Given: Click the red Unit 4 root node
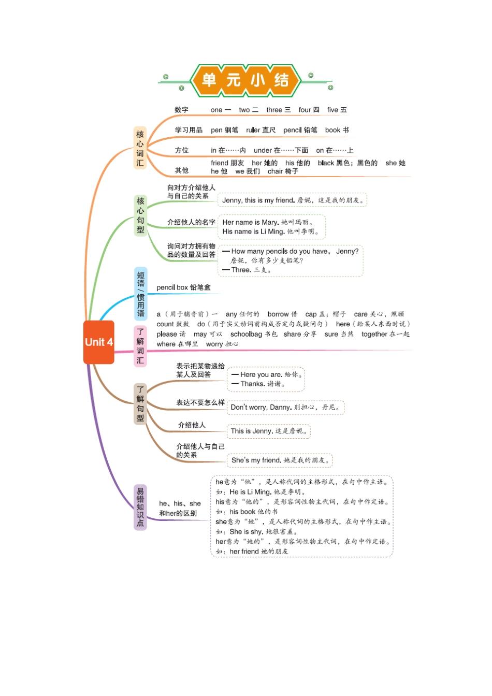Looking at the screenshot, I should [98, 342].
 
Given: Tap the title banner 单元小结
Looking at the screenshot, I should [245, 80].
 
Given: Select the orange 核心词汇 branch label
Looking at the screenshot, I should [140, 148].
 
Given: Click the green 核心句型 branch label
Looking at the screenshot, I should [140, 215].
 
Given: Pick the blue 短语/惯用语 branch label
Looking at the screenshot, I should [140, 294].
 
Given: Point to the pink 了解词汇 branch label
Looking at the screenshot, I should [140, 346].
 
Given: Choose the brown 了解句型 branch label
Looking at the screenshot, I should [140, 404].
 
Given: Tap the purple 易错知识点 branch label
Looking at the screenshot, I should [140, 508].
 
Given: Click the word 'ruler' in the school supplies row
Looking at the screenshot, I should [253, 130].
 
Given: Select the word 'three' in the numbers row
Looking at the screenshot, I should [274, 110].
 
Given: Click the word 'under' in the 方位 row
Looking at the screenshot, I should [263, 150].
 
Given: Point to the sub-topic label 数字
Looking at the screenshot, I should [181, 110].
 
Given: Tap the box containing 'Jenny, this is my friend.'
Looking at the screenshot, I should [293, 200].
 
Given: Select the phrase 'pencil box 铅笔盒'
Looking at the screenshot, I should [183, 287].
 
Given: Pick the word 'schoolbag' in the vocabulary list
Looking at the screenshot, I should [246, 334].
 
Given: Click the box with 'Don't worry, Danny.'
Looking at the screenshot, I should [285, 408].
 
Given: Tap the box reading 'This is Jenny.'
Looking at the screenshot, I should [268, 431].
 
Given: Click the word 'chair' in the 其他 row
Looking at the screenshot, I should [275, 171].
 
